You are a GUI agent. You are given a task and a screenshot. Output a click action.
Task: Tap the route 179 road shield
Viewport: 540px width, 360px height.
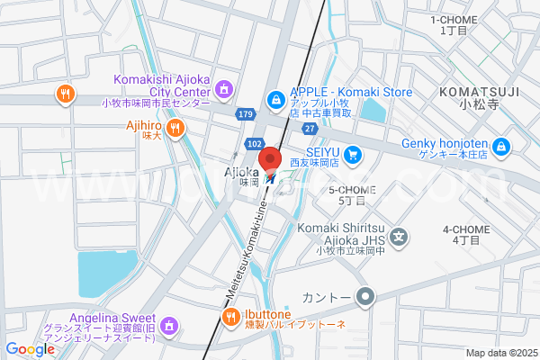click(x=247, y=114)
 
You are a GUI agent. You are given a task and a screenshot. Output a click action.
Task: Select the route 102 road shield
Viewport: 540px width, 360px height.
click(x=255, y=144)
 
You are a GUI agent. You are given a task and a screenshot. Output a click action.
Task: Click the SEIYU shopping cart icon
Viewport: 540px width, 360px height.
click(x=354, y=155)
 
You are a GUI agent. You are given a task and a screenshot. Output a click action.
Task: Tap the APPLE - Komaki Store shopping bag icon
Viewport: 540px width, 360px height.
click(x=275, y=98)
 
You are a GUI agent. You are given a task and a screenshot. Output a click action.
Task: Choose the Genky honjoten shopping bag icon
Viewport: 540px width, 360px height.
click(x=501, y=147)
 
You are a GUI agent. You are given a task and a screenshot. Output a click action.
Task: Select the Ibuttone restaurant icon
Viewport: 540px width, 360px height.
click(x=229, y=316)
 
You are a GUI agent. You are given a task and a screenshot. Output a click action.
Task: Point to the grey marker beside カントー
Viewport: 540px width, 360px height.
click(x=364, y=295)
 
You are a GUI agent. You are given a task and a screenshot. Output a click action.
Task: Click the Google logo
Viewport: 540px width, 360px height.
click(x=30, y=349)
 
